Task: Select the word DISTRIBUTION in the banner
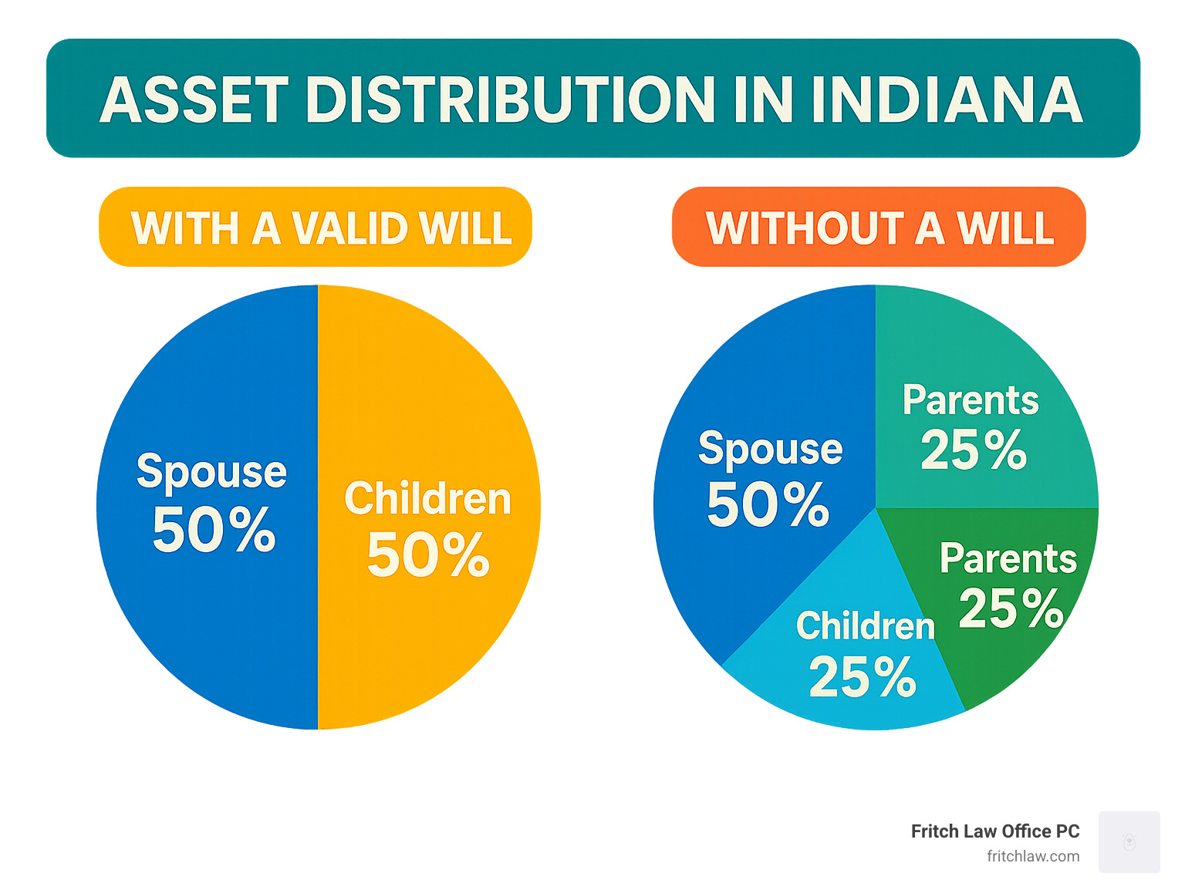pos(510,99)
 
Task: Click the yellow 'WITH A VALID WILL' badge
pos(315,227)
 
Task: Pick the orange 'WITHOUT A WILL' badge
pos(878,227)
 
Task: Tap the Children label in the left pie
pos(427,497)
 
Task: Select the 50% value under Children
pos(427,555)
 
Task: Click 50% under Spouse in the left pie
pos(214,529)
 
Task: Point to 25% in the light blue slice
pos(862,676)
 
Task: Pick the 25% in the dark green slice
pos(1011,609)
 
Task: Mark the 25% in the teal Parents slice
pos(973,449)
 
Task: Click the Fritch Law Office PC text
pos(994,831)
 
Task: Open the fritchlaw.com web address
pos(1032,856)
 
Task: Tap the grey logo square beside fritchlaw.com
pos(1129,841)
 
